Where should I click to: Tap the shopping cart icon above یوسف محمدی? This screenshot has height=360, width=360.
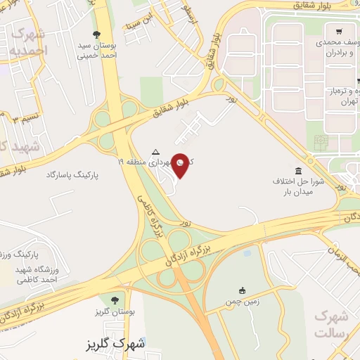point(339,31)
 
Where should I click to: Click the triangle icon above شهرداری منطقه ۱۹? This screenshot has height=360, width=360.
point(156,151)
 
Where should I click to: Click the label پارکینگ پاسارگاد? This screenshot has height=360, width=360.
point(75,173)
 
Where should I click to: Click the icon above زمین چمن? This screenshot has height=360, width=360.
point(243,290)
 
